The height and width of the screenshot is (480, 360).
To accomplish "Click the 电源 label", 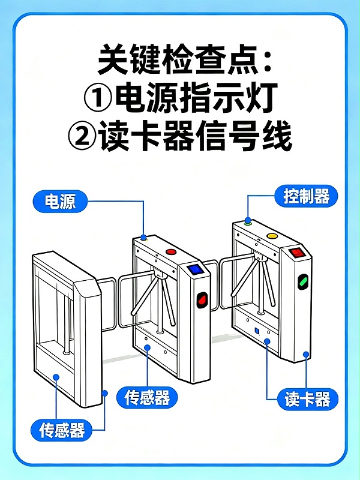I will click(60, 201).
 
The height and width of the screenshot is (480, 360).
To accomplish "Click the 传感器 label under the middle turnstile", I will click(147, 398).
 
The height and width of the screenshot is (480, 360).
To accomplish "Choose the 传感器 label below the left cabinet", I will click(62, 430).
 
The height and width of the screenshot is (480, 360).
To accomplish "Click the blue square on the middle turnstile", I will click(194, 269).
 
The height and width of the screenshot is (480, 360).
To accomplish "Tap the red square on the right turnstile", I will click(295, 253).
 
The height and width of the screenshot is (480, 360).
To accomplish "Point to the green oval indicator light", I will click(304, 280).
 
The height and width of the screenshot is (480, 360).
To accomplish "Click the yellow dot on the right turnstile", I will click(272, 236).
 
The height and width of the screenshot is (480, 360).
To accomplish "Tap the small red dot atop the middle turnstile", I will click(170, 252).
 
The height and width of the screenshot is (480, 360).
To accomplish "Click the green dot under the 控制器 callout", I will click(247, 221).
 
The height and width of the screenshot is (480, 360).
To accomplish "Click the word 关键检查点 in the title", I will click(174, 58).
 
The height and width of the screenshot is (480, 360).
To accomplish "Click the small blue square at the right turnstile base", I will click(256, 331).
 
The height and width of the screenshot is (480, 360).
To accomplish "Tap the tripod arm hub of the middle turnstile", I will click(158, 275).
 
